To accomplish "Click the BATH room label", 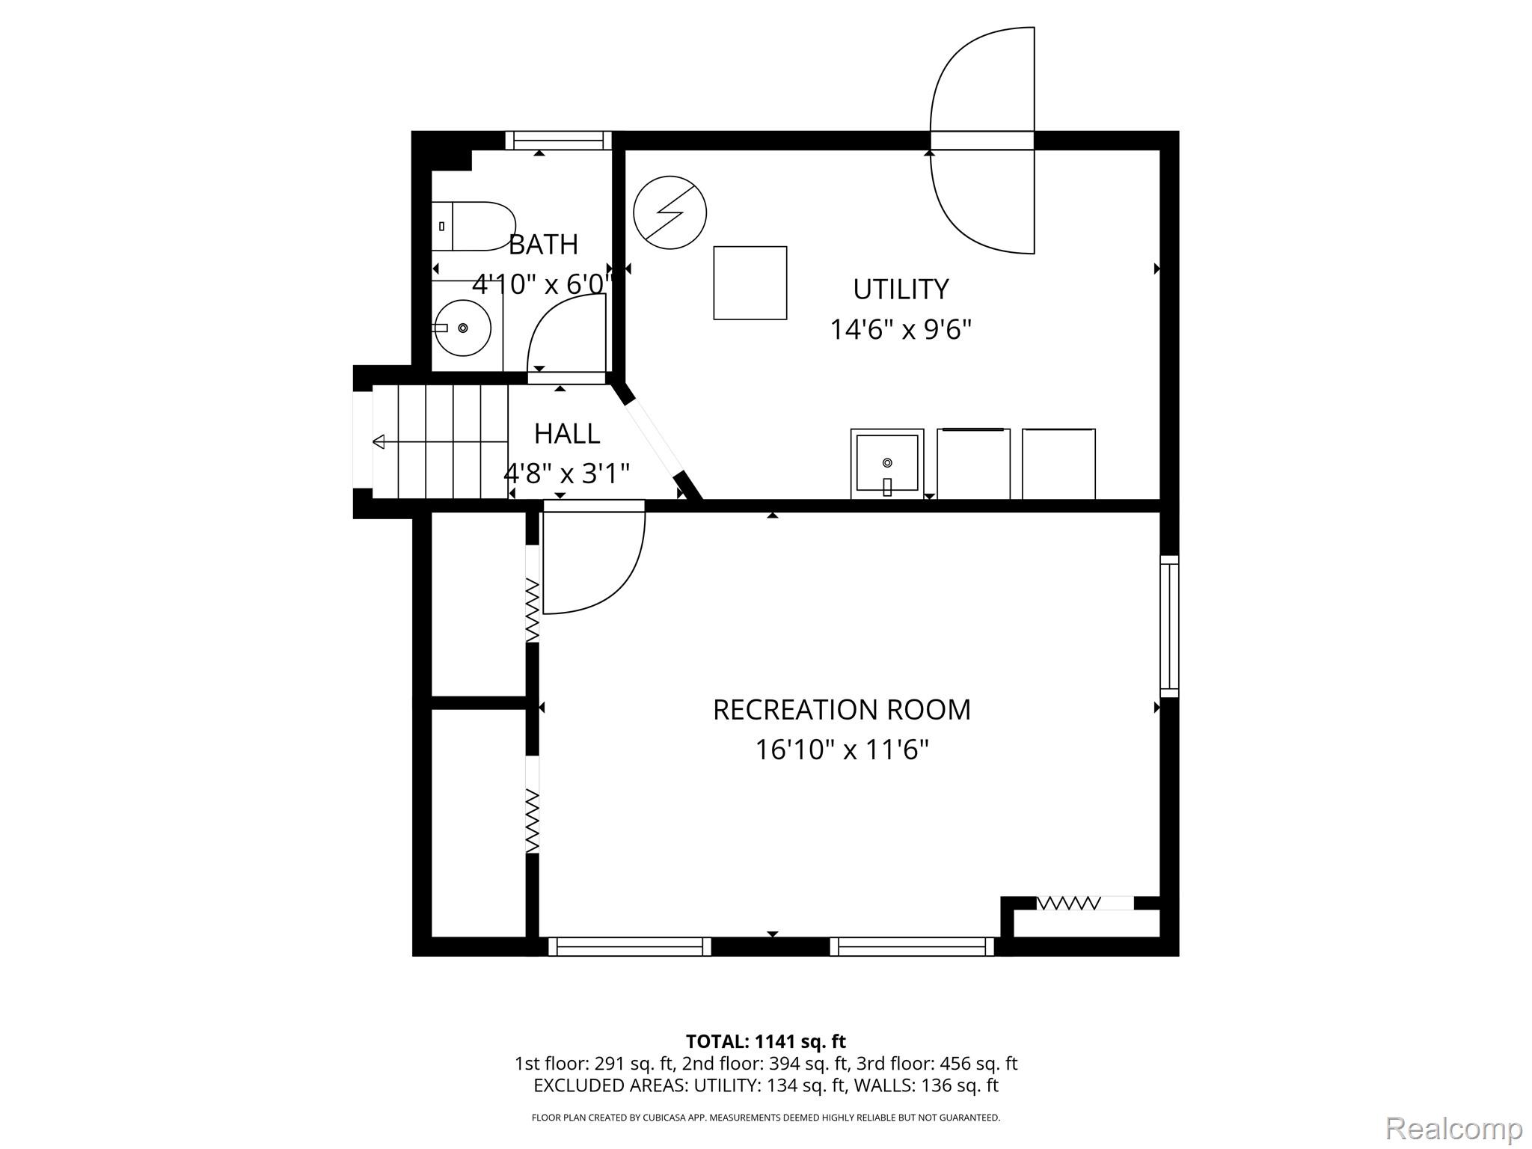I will tap(543, 245).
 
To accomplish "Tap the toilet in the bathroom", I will tap(474, 226).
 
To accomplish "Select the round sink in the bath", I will tap(463, 328).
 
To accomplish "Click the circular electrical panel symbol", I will tap(670, 212).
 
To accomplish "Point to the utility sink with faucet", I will tap(887, 464).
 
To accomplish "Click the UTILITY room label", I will tap(901, 289).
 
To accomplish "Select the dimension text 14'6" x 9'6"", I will tap(901, 329).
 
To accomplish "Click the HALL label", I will tap(566, 433).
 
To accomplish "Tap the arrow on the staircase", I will tap(379, 441).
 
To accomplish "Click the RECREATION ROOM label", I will tap(842, 709).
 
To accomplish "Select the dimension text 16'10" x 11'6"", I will tap(842, 750).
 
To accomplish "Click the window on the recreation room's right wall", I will tap(1169, 626).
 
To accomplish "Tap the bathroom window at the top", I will tap(558, 140).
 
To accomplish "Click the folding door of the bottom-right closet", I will tap(1068, 904).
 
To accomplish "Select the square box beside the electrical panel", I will tap(750, 283).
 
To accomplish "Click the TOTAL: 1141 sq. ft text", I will tap(765, 1041).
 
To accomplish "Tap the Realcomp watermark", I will tap(1453, 1128).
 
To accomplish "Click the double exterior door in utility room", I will tap(982, 141).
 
